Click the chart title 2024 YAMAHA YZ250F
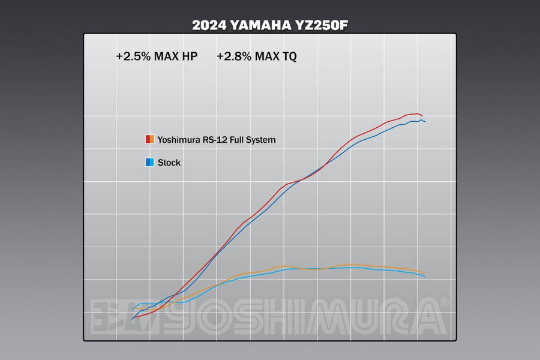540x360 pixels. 269,25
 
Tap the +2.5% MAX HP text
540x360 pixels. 157,56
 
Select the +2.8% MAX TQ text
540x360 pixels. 256,56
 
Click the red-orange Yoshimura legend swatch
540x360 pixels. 150,139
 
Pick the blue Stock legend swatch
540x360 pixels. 150,162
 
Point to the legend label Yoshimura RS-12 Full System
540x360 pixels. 217,140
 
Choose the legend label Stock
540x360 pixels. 169,163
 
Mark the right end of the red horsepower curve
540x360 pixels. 422,115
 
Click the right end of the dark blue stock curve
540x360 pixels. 425,121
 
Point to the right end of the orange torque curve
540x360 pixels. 424,273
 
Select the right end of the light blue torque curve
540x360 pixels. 425,277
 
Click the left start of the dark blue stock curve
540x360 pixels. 132,320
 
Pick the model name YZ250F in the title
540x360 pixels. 325,25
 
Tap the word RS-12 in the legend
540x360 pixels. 212,140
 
